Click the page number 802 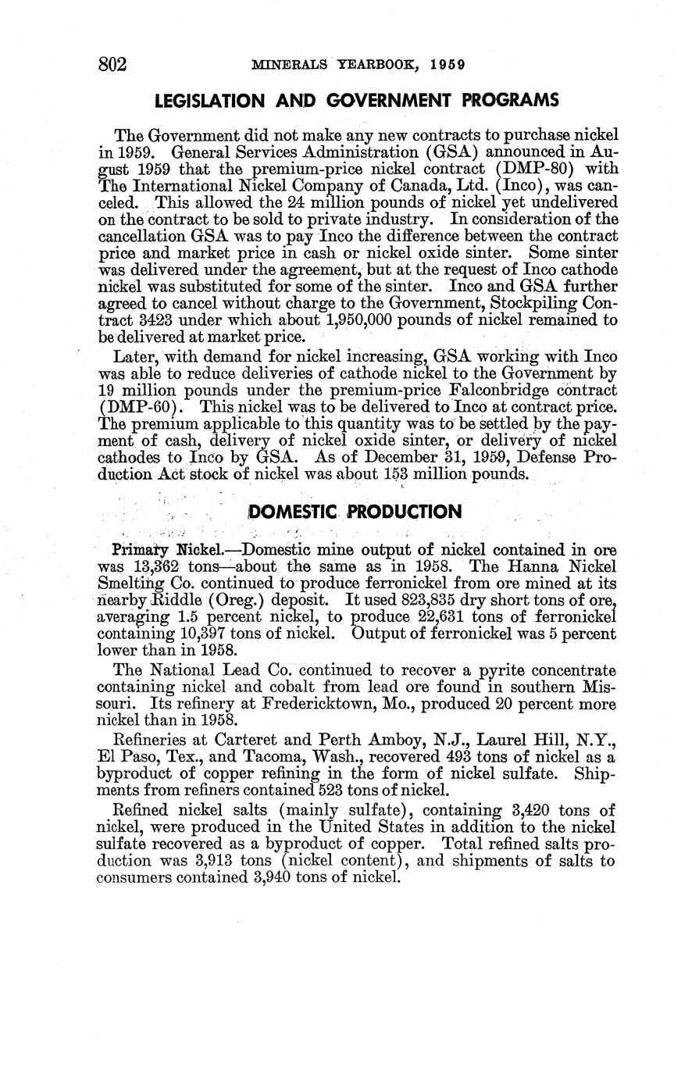pos(112,64)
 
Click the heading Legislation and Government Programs pos(357,101)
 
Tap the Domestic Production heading pos(355,512)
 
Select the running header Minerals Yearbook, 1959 pos(358,65)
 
